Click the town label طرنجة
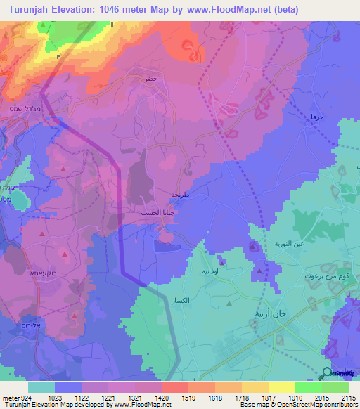click(x=181, y=195)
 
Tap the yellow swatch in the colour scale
click(x=281, y=387)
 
